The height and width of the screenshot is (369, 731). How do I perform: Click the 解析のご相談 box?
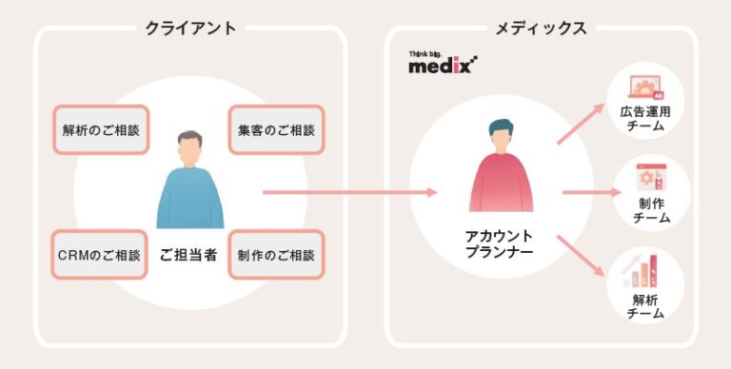[x=94, y=130]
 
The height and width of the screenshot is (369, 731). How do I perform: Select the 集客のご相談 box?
[x=276, y=130]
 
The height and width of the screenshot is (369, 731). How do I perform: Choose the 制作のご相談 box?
[x=276, y=255]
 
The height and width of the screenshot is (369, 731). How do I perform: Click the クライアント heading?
[x=190, y=28]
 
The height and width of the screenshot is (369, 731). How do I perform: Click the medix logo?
[x=443, y=64]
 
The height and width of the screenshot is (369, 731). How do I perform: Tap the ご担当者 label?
[x=190, y=255]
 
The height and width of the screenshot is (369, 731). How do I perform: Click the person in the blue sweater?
[x=190, y=190]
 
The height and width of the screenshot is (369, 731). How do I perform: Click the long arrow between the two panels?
[x=347, y=192]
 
